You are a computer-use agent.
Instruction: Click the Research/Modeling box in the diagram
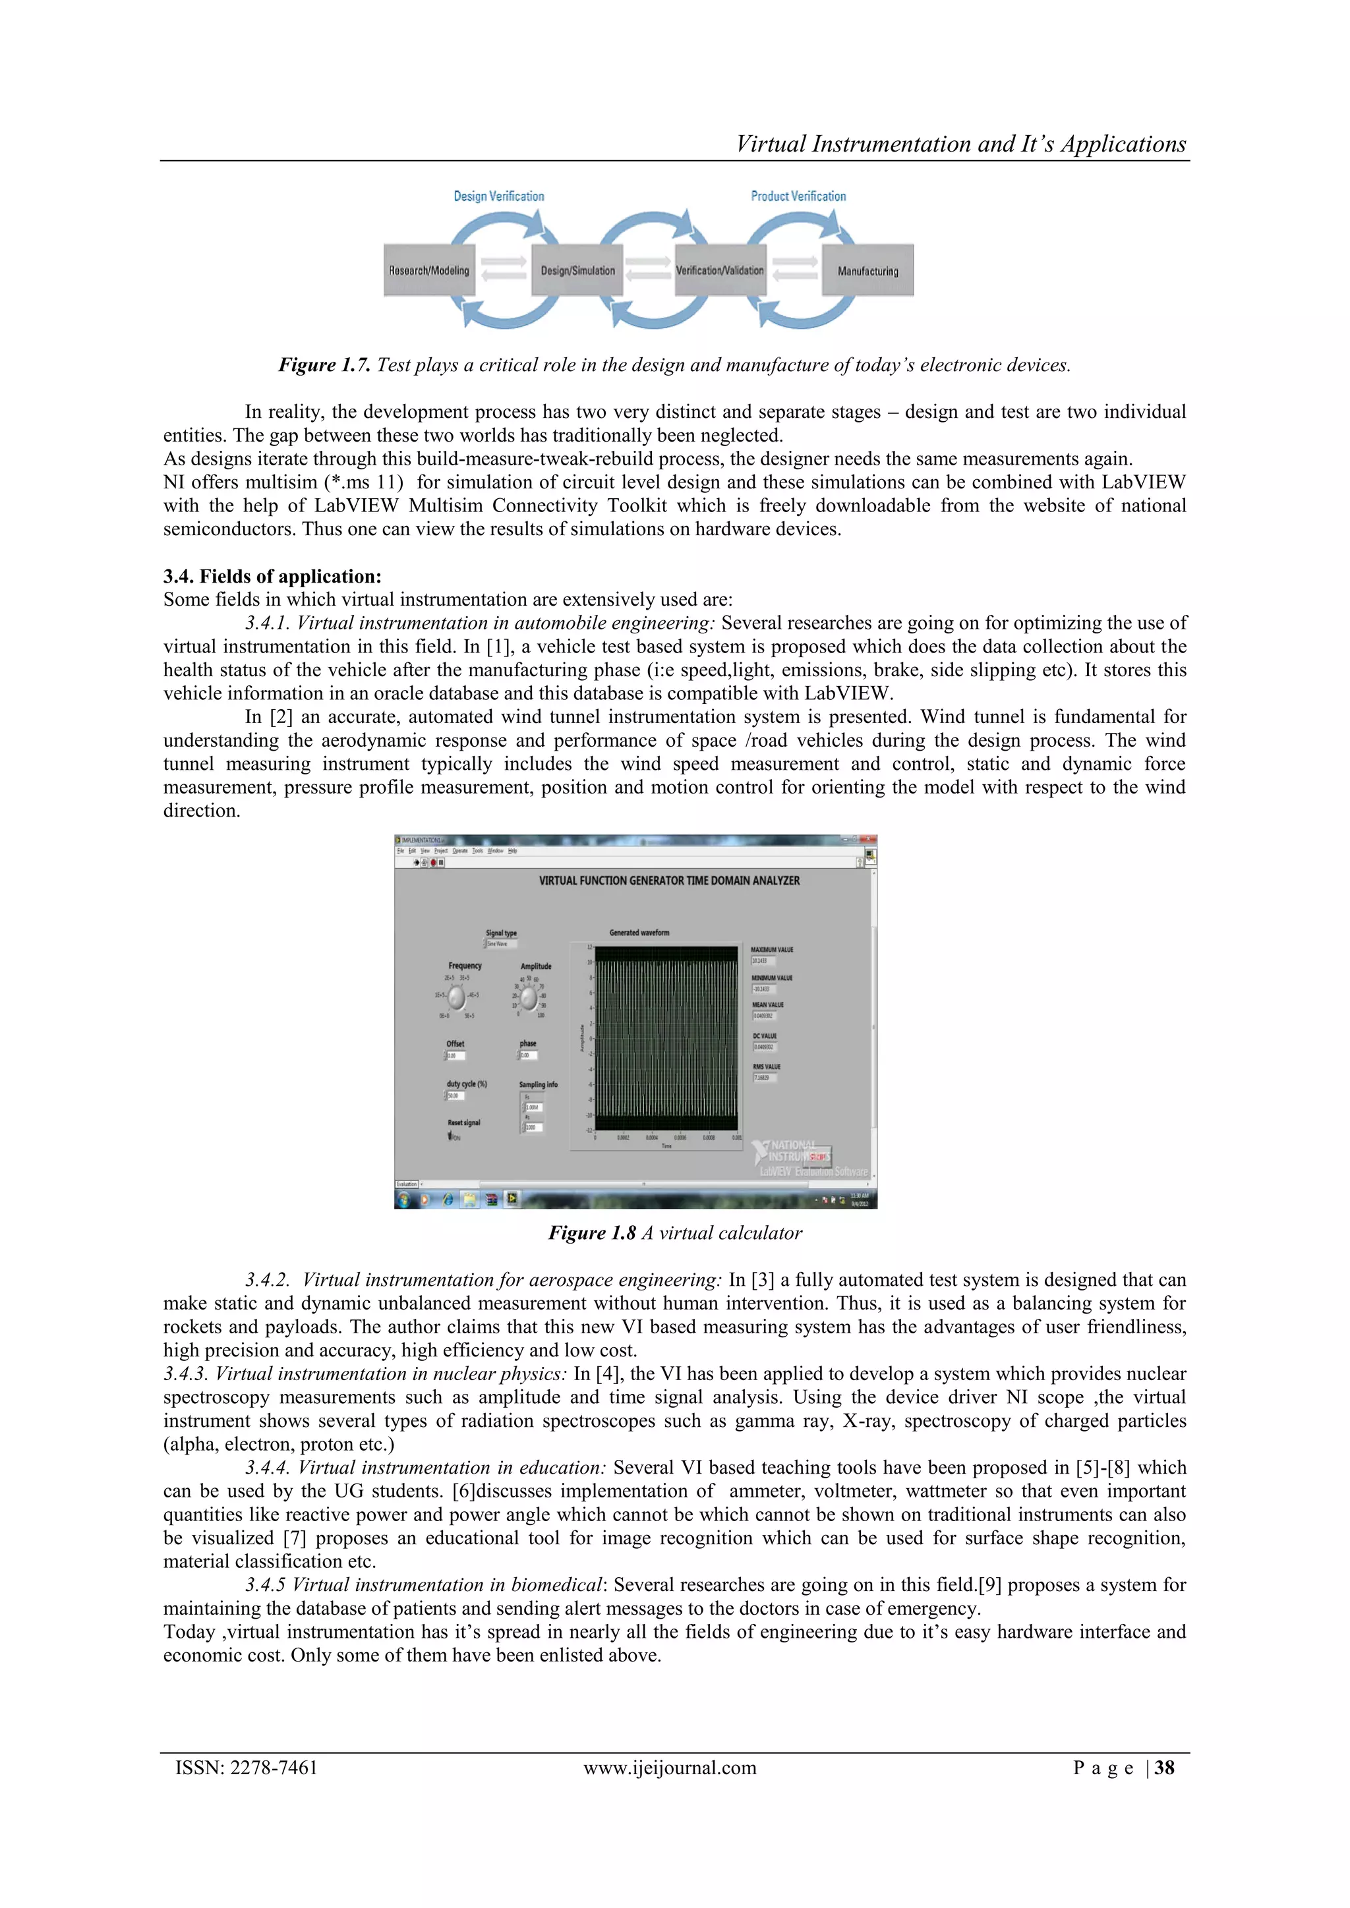pos(429,270)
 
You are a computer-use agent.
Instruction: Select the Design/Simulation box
pos(577,270)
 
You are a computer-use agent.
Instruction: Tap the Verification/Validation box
pos(719,270)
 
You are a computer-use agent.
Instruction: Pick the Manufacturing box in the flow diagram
pos(867,270)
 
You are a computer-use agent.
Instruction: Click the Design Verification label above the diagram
pos(499,196)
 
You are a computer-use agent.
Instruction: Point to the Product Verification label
pos(798,196)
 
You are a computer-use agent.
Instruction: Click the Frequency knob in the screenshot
pos(457,997)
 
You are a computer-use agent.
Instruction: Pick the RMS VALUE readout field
pos(765,1078)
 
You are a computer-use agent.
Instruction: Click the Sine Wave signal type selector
pos(501,944)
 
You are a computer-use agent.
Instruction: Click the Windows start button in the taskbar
pos(405,1199)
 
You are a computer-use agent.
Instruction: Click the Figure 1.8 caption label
pos(592,1233)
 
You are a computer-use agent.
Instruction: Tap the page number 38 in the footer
pos(1164,1768)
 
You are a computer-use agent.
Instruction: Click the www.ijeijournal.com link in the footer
pos(670,1768)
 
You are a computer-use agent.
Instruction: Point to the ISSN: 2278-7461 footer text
pos(247,1768)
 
